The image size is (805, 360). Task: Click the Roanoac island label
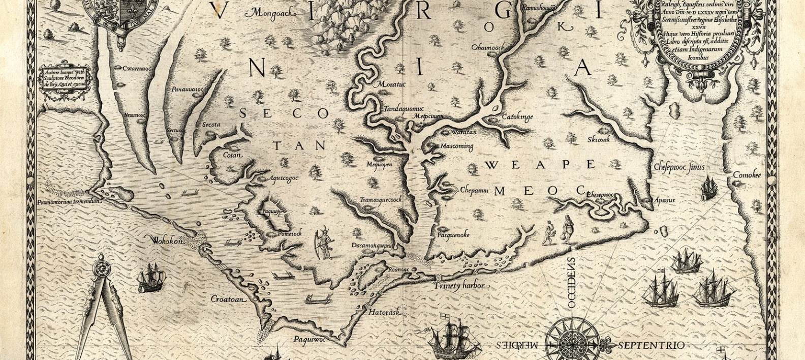click(x=398, y=269)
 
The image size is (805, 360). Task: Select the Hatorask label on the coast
click(x=382, y=312)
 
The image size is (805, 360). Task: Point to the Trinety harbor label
click(x=459, y=286)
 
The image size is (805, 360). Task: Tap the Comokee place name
click(x=747, y=175)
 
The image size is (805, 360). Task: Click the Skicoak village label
click(x=598, y=139)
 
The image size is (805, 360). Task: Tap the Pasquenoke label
click(x=453, y=235)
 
